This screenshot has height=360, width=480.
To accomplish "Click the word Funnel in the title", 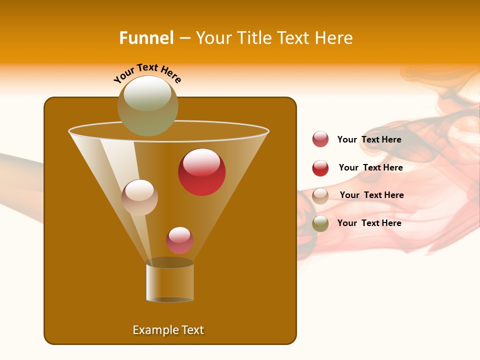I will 146,38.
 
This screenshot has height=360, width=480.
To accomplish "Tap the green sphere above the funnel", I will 147,106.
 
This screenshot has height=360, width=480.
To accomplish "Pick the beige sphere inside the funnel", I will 139,197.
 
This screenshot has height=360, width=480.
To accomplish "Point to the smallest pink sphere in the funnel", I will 179,240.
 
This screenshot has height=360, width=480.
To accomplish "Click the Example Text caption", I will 168,330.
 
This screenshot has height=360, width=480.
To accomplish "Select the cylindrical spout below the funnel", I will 170,282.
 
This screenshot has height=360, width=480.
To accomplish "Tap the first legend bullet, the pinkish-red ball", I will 320,139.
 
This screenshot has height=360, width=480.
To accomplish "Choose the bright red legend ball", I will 320,168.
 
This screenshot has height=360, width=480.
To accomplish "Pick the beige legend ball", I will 320,195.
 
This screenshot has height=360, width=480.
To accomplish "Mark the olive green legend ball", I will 320,223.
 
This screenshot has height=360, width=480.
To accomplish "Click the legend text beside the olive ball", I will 369,223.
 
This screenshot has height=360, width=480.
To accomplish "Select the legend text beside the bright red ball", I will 370,167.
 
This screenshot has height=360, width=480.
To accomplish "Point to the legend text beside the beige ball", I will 371,195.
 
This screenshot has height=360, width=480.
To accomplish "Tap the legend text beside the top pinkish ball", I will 369,139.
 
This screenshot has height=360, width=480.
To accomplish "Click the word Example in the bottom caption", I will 152,330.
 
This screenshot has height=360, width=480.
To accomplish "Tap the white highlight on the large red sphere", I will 201,162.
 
